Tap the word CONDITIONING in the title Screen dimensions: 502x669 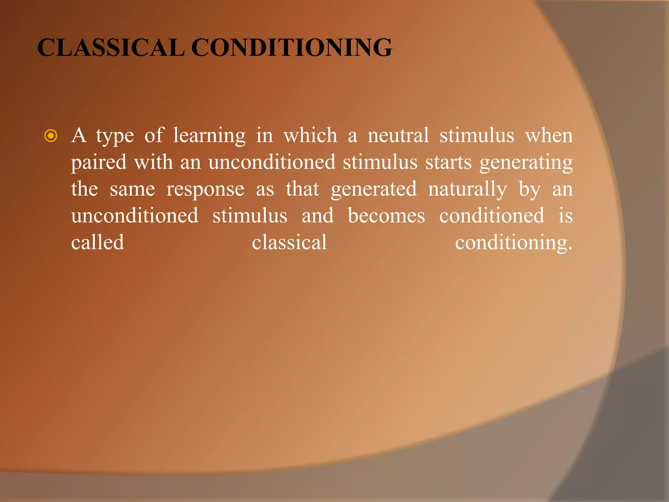pyautogui.click(x=291, y=48)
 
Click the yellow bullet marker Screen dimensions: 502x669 pyautogui.click(x=51, y=136)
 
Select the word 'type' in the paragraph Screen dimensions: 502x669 pyautogui.click(x=115, y=136)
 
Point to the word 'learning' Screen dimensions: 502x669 pyautogui.click(x=209, y=136)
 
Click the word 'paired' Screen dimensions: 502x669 pyautogui.click(x=99, y=162)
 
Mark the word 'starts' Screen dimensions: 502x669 pyautogui.click(x=449, y=162)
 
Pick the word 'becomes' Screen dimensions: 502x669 pyautogui.click(x=386, y=216)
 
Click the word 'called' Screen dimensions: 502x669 pyautogui.click(x=98, y=243)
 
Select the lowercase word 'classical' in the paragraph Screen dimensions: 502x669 pyautogui.click(x=289, y=243)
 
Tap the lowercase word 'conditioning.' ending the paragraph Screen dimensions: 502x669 pyautogui.click(x=514, y=243)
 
